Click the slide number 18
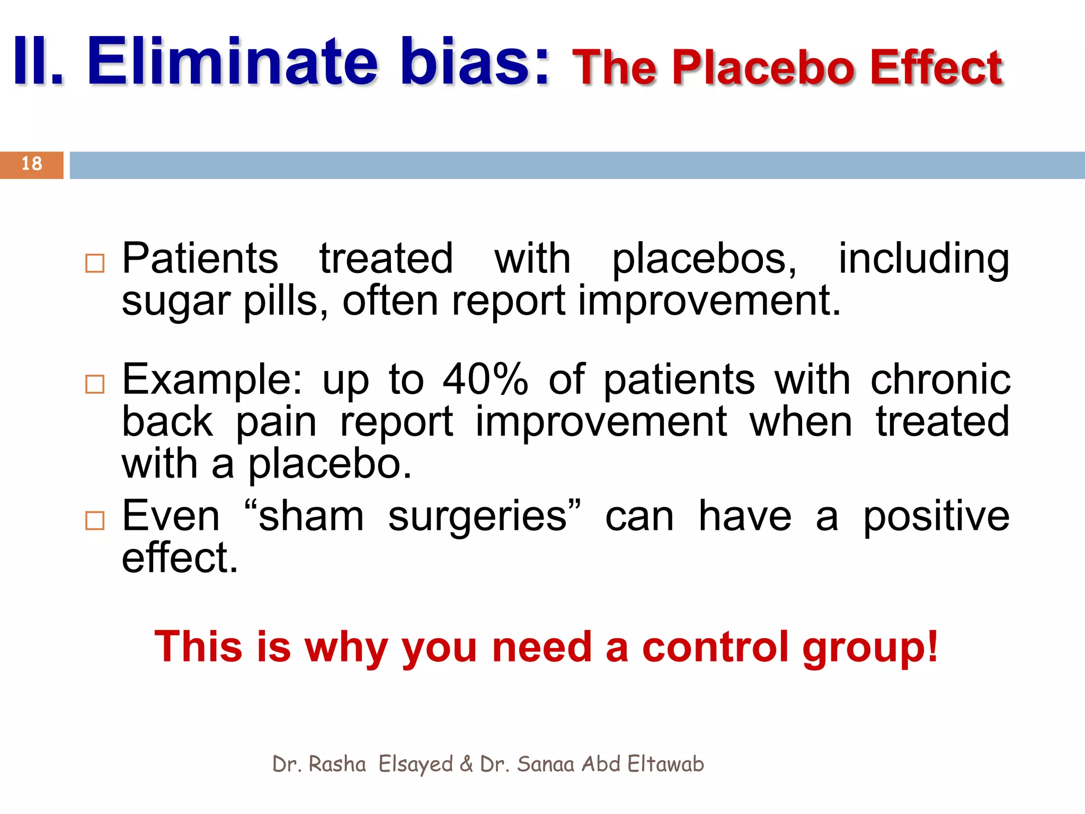[32, 164]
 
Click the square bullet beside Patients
[95, 263]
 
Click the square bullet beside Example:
[95, 384]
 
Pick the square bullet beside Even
[95, 520]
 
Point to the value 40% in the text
[485, 379]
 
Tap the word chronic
[940, 379]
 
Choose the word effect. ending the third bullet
[180, 558]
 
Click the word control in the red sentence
[715, 647]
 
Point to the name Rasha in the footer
[337, 764]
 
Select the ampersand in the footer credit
[466, 764]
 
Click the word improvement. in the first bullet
[708, 301]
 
